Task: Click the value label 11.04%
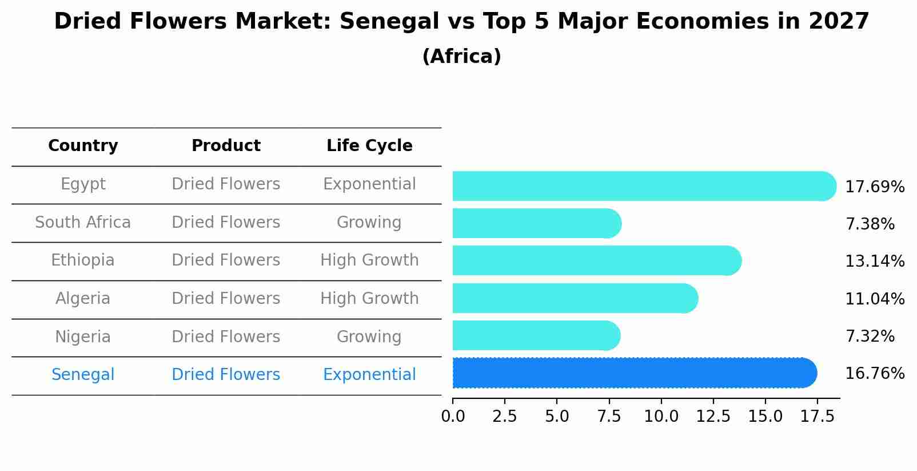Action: tap(874, 299)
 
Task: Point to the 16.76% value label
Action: tap(874, 374)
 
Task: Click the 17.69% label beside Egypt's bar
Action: tap(874, 187)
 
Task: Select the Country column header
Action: tap(83, 146)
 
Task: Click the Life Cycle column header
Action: tap(369, 146)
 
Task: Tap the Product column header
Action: tap(226, 146)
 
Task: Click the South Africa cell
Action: tap(83, 222)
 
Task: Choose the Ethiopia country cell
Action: tap(83, 260)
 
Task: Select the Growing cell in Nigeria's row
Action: tap(369, 337)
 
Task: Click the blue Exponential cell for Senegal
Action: tap(369, 375)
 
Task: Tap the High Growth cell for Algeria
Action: tap(369, 298)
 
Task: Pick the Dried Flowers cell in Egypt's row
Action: tap(226, 184)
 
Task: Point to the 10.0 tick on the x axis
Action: tap(661, 417)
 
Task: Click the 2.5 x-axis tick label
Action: tap(504, 417)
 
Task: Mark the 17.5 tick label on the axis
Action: tap(818, 417)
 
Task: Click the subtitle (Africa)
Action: tap(461, 57)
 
